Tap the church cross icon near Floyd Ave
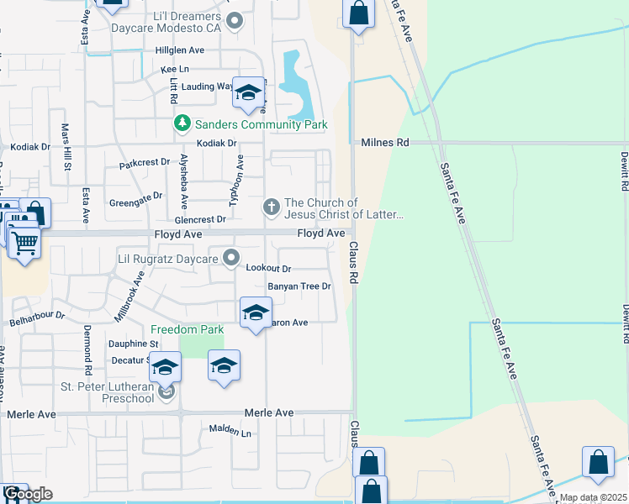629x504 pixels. pos(272,206)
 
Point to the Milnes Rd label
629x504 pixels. pos(384,143)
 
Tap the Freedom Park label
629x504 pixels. pos(187,329)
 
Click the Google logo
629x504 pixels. pos(28,493)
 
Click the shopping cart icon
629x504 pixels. pos(25,242)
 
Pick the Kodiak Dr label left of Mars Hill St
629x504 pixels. pos(30,147)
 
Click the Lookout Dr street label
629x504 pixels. pos(268,269)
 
